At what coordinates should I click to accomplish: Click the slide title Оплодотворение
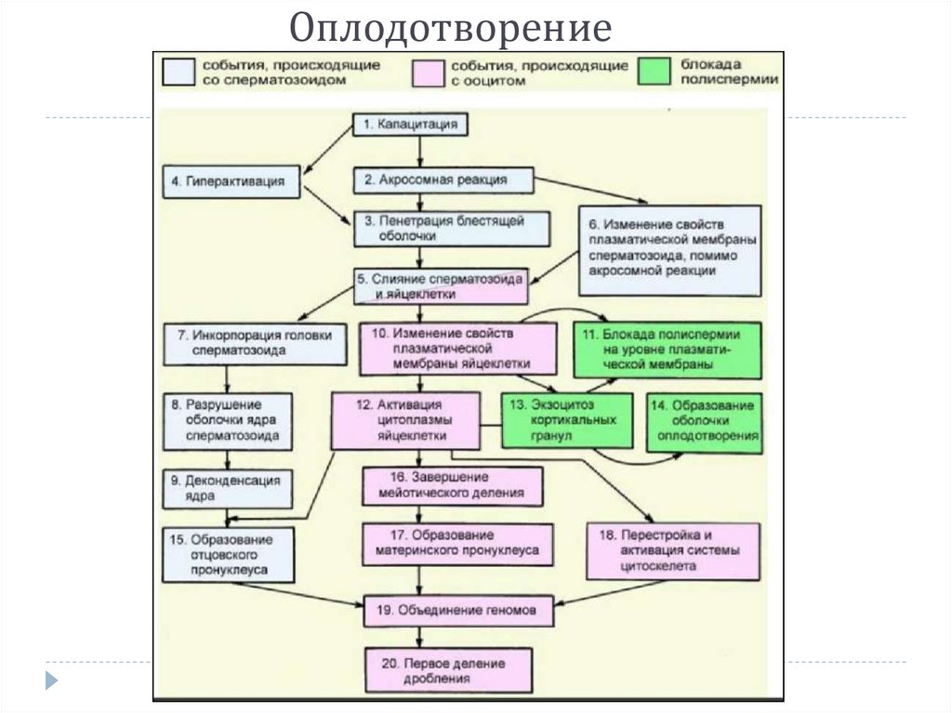click(x=449, y=30)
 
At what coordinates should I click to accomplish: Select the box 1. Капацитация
click(x=410, y=125)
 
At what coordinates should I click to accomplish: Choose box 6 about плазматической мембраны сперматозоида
click(x=671, y=248)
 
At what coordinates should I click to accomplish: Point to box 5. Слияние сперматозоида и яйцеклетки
click(x=441, y=286)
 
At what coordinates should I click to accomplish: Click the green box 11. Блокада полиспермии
click(x=667, y=349)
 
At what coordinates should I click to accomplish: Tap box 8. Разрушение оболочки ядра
click(x=229, y=421)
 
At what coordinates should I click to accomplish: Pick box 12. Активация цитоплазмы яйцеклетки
click(x=406, y=420)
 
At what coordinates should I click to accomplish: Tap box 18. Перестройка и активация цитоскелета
click(x=672, y=550)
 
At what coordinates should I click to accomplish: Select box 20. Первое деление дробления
click(x=449, y=671)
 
